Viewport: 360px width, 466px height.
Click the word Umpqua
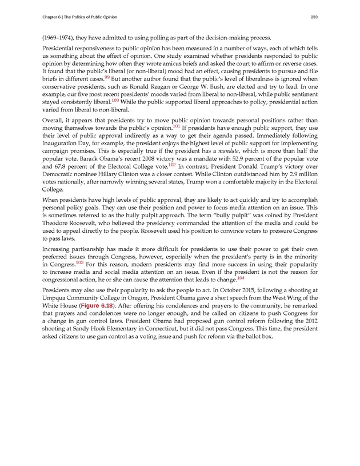(x=55, y=298)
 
